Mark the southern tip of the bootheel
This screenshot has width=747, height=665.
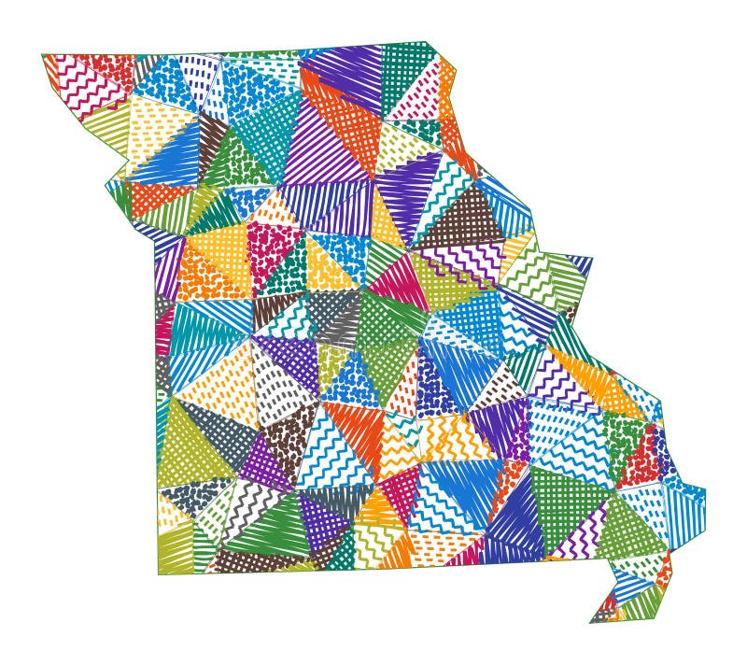point(592,621)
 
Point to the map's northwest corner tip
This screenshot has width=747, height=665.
point(43,55)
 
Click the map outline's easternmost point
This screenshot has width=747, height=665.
point(706,489)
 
